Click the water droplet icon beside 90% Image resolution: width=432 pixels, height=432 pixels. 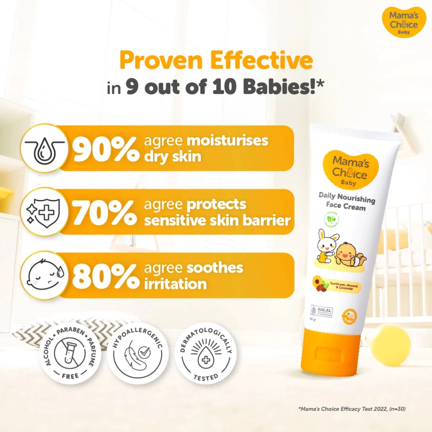(44, 148)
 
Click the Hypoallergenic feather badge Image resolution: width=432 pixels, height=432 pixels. (138, 354)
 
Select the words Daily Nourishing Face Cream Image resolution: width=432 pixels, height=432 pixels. (347, 201)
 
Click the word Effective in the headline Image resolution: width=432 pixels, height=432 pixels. (262, 61)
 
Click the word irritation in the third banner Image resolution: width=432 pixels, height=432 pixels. (175, 283)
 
